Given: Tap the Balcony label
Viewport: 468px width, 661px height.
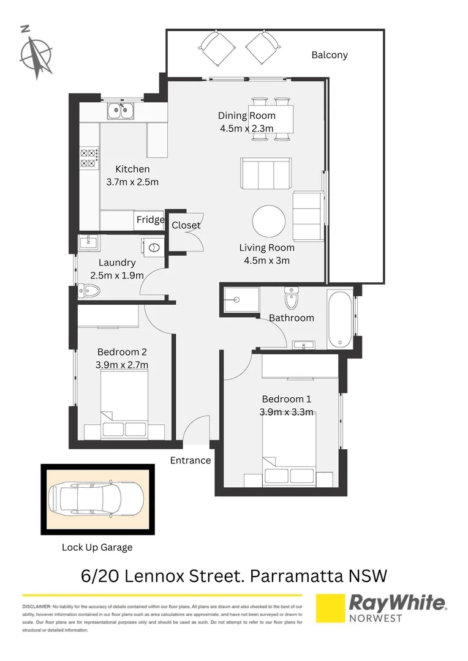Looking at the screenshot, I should pos(329,55).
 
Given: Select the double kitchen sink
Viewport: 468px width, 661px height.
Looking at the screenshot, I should pos(121,111).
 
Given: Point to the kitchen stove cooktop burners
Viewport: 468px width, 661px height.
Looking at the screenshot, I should pos(89,158).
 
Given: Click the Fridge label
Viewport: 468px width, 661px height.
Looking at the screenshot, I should pos(150,220).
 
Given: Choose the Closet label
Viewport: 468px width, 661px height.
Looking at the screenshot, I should pos(186,225).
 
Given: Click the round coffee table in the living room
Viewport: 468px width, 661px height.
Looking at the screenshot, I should pos(269,221).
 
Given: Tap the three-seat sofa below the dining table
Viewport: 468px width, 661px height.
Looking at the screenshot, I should pos(265,174).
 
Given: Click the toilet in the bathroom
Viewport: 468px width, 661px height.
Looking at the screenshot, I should pos(292,299).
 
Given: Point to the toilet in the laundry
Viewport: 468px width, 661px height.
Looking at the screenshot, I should pos(86,291).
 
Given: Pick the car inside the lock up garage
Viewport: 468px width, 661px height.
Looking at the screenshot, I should pos(96,499).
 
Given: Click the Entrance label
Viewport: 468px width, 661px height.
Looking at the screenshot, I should pos(190,460).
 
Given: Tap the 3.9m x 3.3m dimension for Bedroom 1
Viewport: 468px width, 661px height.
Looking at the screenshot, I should pos(286,411).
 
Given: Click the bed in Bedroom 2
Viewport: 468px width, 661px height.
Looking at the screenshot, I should pos(124,407).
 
